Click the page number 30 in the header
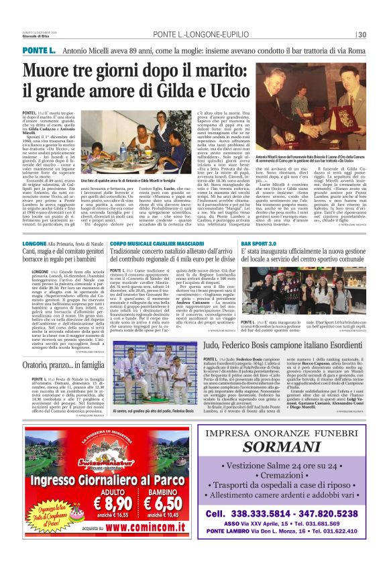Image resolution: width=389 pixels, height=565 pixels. [x=362, y=35]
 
